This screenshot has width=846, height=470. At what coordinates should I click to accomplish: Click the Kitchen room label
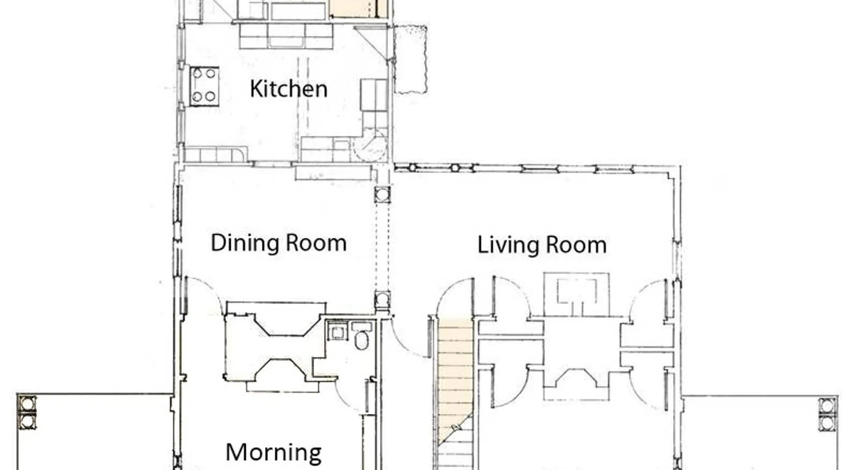coord(289,89)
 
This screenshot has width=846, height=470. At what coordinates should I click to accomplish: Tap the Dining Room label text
coord(279,243)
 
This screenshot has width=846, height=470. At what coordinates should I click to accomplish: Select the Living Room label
coord(542,245)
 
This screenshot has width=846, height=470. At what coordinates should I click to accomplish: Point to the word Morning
coord(274,452)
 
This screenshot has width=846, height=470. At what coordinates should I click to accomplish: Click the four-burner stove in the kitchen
coord(204,86)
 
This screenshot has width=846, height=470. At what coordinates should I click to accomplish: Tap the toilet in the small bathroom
coord(361,340)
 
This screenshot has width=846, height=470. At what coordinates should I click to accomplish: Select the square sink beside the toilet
coord(337,331)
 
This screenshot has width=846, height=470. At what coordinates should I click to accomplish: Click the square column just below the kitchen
coord(382,194)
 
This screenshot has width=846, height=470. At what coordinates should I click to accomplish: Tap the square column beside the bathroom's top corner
coord(383,300)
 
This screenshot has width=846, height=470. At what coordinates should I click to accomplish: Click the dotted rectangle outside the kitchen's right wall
coord(410,59)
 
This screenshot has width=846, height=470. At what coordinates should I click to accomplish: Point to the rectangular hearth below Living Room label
coord(577,294)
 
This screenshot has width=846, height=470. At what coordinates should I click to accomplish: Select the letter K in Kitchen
coord(256,89)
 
